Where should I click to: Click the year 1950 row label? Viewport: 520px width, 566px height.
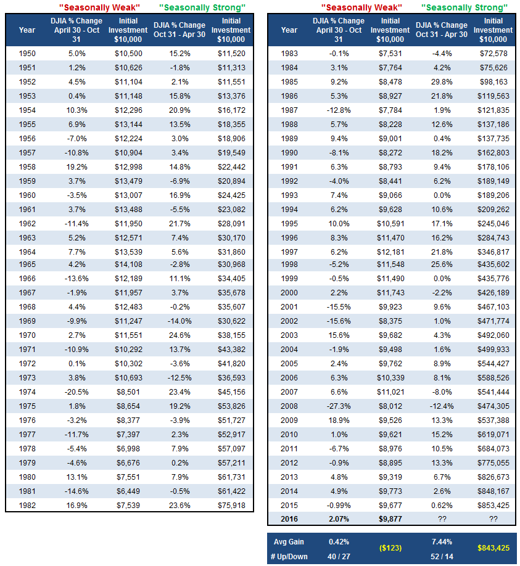tap(27, 54)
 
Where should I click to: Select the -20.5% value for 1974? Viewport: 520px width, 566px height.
tap(76, 392)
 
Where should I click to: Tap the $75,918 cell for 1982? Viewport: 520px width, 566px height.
tap(231, 506)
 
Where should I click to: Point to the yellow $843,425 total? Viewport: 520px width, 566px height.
tap(493, 548)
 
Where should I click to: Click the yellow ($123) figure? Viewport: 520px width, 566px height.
tap(390, 548)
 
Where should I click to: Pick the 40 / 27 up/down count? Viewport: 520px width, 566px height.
tap(339, 557)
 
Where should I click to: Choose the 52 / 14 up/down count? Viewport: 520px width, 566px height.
tap(442, 557)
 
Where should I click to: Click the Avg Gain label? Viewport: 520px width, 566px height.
tap(289, 542)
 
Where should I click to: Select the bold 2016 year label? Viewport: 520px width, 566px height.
tap(289, 519)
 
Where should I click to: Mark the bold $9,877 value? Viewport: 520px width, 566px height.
tap(390, 519)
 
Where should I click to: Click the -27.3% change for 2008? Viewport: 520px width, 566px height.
tap(339, 406)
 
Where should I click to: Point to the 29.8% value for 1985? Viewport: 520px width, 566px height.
tap(442, 82)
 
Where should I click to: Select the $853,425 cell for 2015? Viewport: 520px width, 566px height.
tap(493, 506)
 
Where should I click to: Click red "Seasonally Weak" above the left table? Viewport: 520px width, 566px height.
tap(99, 7)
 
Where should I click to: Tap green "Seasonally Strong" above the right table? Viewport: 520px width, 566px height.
tap(464, 7)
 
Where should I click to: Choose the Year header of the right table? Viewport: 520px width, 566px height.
tap(289, 30)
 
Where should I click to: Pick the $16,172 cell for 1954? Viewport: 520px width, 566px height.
tap(231, 110)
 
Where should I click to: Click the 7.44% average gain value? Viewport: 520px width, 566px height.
tap(442, 542)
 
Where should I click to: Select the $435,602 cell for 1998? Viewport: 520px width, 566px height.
tap(493, 265)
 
